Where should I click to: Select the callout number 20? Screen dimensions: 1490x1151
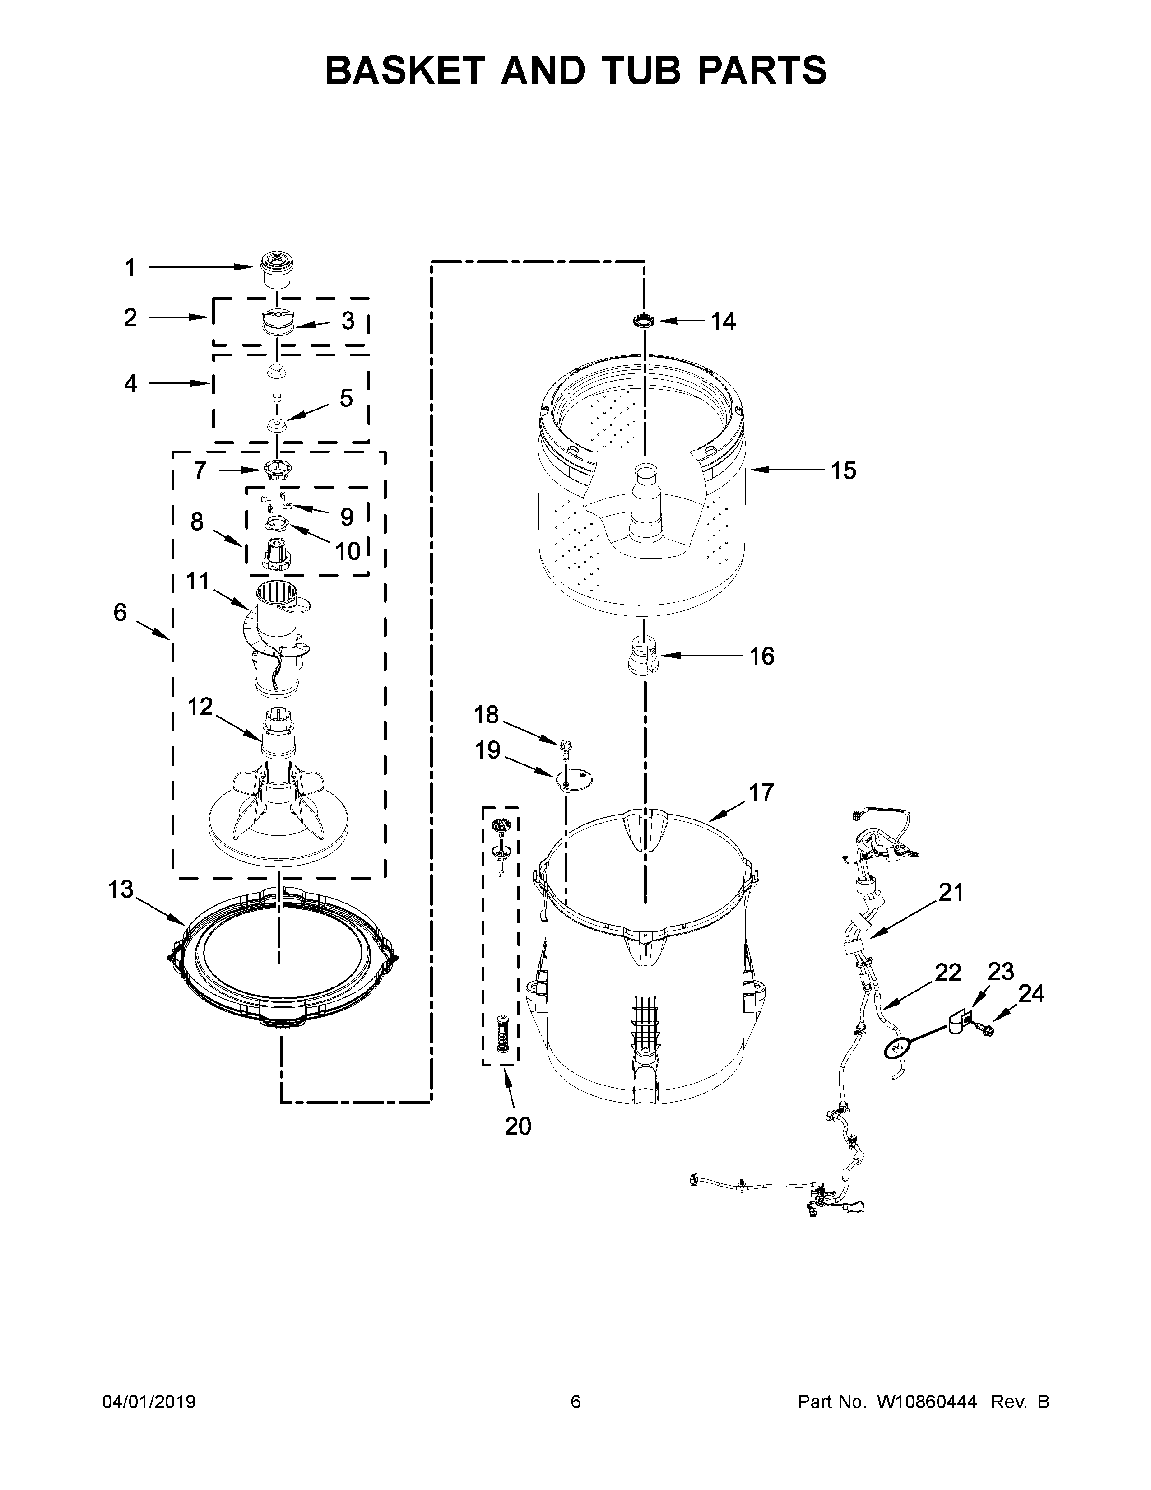click(518, 1126)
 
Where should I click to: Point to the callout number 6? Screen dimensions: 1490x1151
click(120, 613)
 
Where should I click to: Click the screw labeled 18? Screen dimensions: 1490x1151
click(565, 749)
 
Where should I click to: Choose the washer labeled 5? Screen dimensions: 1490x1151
click(276, 426)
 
